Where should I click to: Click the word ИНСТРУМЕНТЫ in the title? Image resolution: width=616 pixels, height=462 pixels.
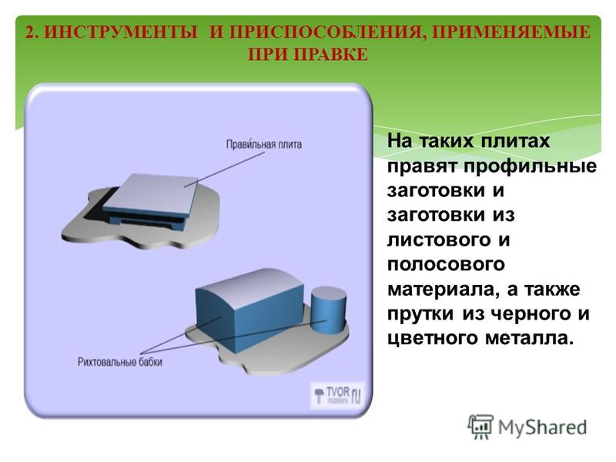tap(121, 32)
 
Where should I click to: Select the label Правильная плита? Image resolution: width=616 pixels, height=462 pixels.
tap(264, 144)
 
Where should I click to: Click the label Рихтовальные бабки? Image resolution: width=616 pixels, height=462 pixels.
tap(120, 361)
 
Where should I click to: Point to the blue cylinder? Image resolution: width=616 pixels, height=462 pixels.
tap(329, 310)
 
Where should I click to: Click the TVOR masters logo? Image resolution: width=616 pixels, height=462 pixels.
tap(338, 395)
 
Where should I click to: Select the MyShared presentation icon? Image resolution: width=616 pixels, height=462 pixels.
tap(480, 427)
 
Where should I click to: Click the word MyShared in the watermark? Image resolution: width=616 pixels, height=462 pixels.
tap(543, 427)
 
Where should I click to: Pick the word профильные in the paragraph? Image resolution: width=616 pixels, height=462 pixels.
tap(530, 166)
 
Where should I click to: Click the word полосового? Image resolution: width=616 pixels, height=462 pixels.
tap(446, 264)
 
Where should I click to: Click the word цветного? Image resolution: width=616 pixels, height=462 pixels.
tap(433, 338)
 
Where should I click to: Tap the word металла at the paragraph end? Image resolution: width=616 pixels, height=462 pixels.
tap(527, 337)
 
